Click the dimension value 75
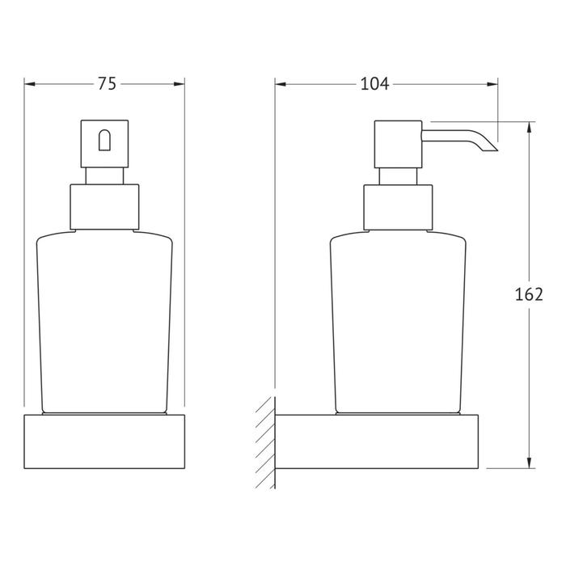click(x=108, y=84)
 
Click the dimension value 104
click(x=374, y=84)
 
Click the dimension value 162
click(x=529, y=294)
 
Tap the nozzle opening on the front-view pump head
click(x=104, y=140)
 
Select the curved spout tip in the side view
click(x=488, y=146)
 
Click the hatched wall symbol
click(x=266, y=442)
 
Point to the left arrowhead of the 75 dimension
click(x=30, y=84)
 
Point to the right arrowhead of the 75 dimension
click(x=179, y=84)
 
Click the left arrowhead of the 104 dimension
click(x=281, y=84)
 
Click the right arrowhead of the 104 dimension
click(x=492, y=84)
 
